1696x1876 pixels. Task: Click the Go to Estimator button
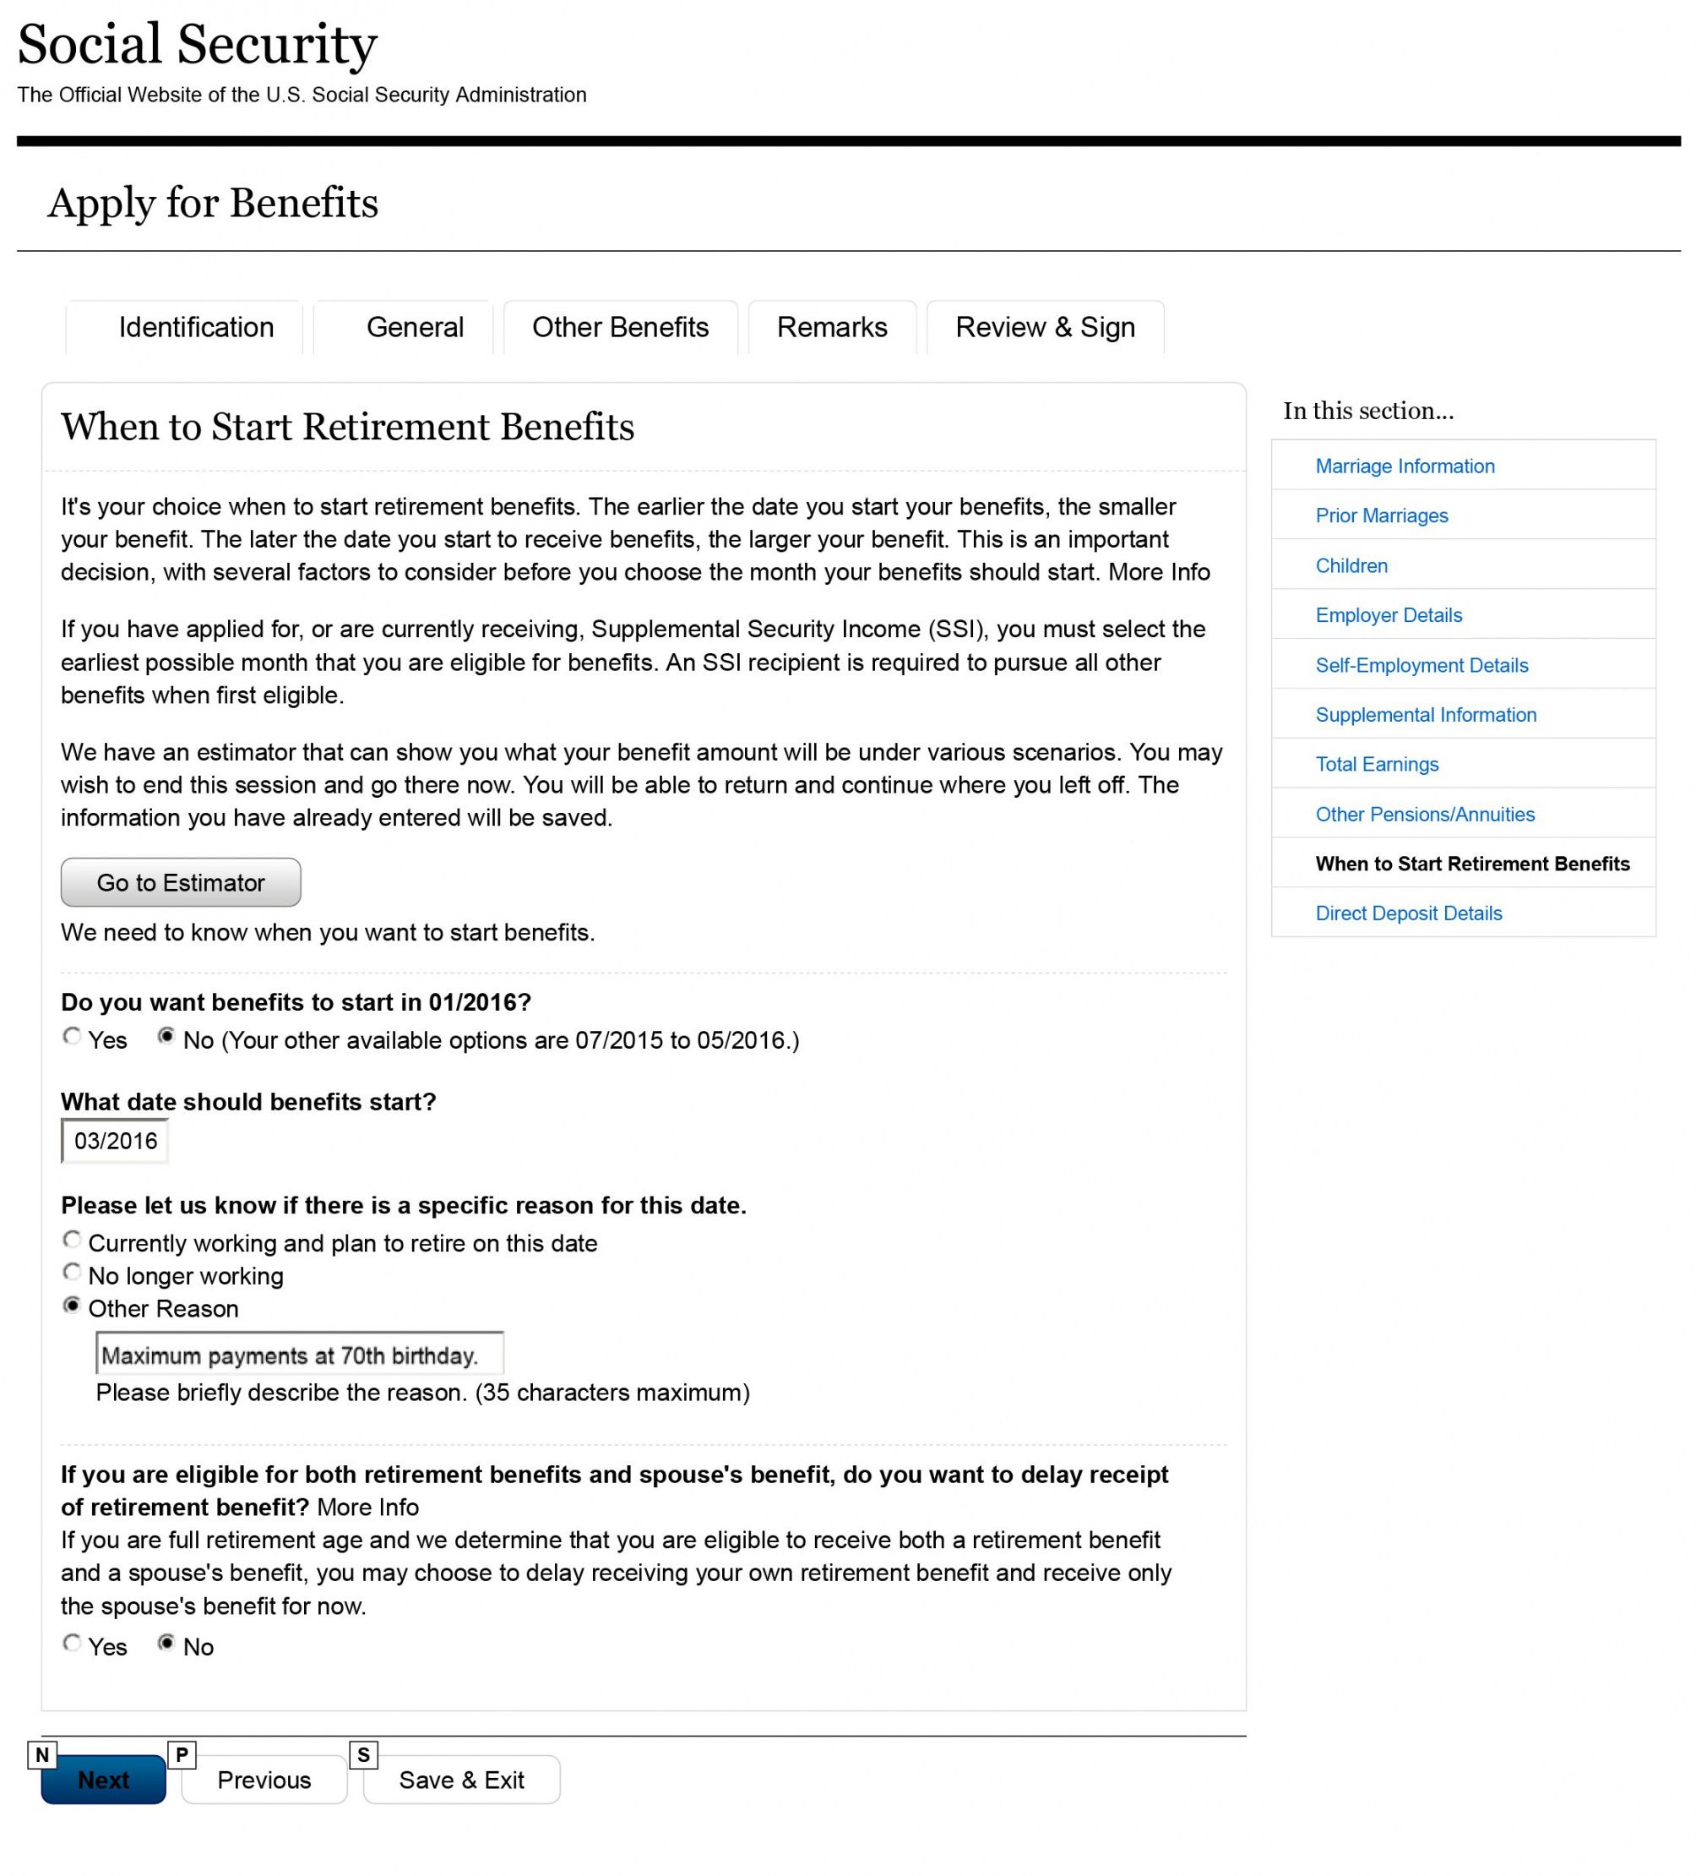[181, 882]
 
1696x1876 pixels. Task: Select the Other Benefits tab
[620, 328]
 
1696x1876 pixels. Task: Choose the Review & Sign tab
[1045, 328]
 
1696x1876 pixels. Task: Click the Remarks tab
[832, 328]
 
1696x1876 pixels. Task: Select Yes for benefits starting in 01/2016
[72, 1037]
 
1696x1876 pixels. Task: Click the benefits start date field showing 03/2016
[114, 1141]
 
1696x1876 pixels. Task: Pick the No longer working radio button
[72, 1272]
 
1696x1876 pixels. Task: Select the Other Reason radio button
[72, 1306]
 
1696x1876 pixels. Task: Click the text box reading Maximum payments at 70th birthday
[299, 1355]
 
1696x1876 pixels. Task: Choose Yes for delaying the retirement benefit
[72, 1644]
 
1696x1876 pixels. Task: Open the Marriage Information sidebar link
[1405, 466]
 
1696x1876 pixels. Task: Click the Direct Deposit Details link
[1409, 913]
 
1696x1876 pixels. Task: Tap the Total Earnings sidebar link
[1377, 764]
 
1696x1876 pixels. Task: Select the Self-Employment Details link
[1421, 665]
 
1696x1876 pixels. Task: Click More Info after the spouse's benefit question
[367, 1508]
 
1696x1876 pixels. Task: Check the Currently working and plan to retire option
[72, 1240]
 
